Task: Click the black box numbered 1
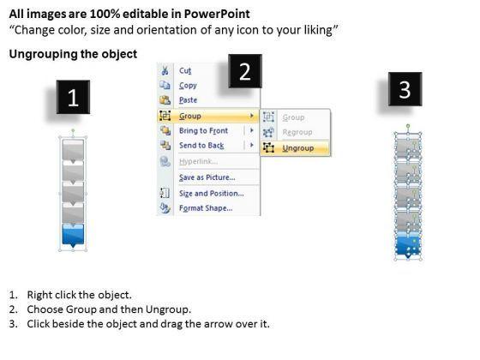coord(73,97)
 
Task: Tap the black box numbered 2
coord(245,71)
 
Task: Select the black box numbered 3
coord(405,89)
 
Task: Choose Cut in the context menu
coord(185,70)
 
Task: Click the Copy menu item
coord(188,86)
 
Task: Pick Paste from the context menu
coord(188,100)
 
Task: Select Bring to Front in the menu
coord(204,130)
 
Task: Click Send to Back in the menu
coord(201,146)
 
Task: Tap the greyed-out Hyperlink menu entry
coord(198,161)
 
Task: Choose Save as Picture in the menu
coord(207,177)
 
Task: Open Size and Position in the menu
coord(212,194)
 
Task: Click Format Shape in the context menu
coord(206,208)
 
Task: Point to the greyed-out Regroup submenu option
coord(297,132)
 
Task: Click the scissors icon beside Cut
coord(165,70)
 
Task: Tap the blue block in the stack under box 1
coord(73,235)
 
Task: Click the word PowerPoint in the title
coord(217,14)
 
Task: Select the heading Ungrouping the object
coord(73,54)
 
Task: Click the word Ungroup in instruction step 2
coord(168,309)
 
